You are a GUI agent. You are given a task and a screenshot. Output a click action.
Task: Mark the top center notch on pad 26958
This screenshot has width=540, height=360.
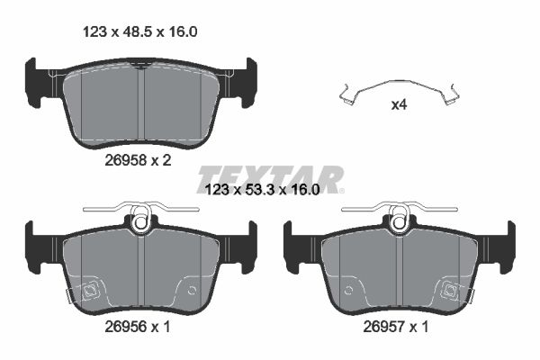[139, 65]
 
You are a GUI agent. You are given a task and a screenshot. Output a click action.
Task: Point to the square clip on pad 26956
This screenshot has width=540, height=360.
[90, 291]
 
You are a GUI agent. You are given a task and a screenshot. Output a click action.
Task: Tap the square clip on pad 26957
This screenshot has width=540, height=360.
[450, 291]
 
